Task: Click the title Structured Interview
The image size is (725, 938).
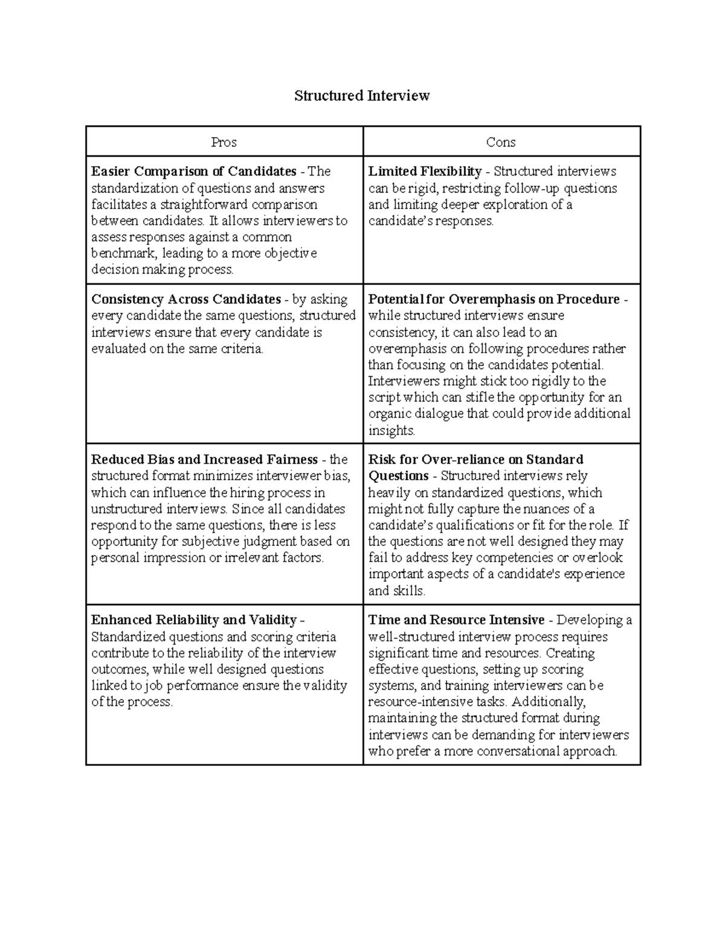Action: pos(362,95)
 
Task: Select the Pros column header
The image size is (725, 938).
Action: pos(224,142)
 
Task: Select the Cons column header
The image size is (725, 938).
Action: pos(501,142)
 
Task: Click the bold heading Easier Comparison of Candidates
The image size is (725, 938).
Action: pos(193,172)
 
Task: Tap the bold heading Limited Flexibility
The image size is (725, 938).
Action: pos(425,172)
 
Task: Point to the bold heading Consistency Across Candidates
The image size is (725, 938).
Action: pos(185,300)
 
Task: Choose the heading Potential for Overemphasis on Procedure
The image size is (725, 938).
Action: pos(494,300)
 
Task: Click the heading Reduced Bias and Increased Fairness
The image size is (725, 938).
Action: pos(204,460)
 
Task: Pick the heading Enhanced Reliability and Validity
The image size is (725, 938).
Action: pos(193,620)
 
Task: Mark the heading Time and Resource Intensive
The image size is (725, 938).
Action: pos(456,620)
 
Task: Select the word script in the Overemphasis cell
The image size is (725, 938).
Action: pos(384,397)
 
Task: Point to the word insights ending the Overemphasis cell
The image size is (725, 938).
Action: pos(391,431)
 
